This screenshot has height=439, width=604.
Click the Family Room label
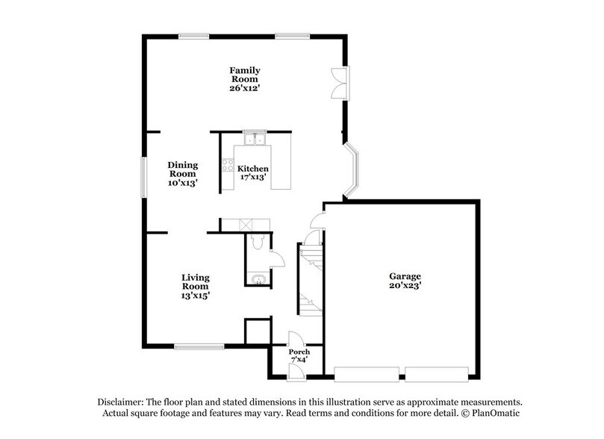click(x=244, y=75)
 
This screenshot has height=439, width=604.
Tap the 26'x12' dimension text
click(x=244, y=87)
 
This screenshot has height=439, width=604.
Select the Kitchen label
click(x=253, y=169)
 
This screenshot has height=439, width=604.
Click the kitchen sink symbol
click(x=255, y=138)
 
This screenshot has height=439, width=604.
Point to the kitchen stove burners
click(x=227, y=165)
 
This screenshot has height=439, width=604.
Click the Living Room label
click(x=195, y=281)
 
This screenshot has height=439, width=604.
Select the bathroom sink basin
click(x=258, y=279)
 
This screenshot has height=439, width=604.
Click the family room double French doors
click(x=340, y=81)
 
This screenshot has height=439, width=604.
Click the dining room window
click(x=145, y=177)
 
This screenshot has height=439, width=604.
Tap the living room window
click(x=199, y=346)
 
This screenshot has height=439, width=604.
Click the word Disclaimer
click(x=122, y=401)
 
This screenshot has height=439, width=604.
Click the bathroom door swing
click(x=278, y=258)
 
